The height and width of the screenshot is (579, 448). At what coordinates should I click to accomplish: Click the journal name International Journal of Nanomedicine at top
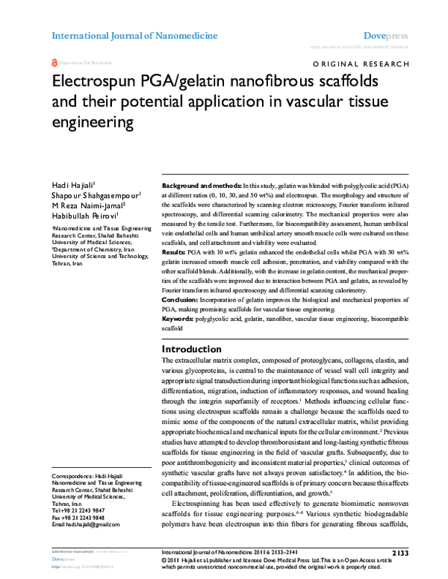(134, 35)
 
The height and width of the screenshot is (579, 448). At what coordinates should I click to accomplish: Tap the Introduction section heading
(192, 349)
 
